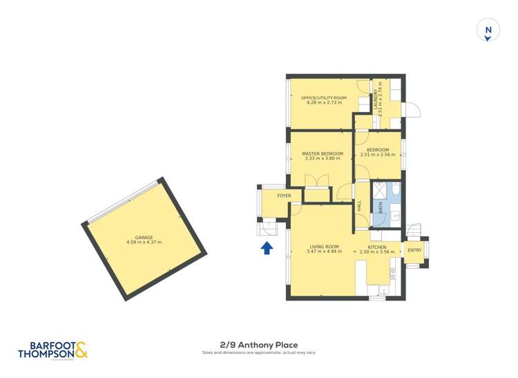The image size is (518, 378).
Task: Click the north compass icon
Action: pos(488,31)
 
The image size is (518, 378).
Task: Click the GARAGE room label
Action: pos(144,238)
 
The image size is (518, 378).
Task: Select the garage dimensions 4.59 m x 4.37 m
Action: pos(144,243)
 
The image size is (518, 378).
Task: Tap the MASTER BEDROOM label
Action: pos(318,153)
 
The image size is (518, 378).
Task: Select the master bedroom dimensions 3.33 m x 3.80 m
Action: pos(318,158)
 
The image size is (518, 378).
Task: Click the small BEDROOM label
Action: pos(378,150)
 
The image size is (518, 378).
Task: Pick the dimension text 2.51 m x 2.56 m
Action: pos(378,155)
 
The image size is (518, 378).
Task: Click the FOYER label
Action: pos(284,196)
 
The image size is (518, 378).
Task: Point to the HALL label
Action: pos(359,205)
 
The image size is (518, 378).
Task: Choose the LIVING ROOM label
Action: pos(324,247)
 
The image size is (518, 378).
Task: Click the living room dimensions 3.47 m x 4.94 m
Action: pos(324,252)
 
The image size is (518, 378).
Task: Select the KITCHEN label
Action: pos(377,247)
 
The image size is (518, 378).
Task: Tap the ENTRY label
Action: pos(414,250)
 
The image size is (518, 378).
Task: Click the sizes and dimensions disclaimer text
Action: pos(258,353)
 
